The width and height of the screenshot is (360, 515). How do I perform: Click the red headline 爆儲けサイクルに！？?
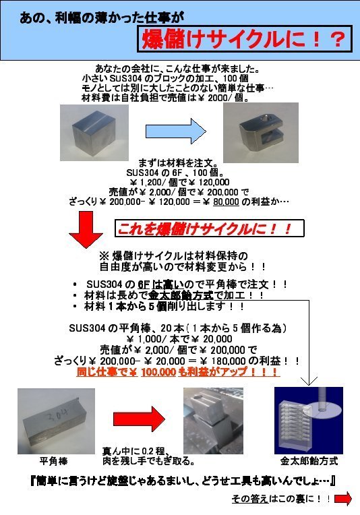244,39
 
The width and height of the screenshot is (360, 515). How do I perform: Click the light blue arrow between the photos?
176,131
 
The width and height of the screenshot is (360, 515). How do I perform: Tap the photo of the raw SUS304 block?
94,133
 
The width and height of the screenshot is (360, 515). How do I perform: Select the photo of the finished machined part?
261,133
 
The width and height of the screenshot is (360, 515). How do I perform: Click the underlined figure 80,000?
226,202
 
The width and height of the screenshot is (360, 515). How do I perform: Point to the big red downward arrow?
86,229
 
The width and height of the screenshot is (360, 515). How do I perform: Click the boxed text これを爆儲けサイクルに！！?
210,228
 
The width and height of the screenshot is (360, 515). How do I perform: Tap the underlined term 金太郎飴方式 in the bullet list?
181,295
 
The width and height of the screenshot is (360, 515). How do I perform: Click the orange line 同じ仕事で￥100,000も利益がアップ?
178,372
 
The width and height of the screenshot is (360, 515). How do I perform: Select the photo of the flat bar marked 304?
56,421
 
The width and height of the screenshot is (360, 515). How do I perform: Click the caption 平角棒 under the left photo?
53,461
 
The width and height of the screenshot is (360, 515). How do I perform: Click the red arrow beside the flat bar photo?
140,419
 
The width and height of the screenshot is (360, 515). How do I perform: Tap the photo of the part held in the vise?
213,421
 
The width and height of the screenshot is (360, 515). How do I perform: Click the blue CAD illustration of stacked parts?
309,421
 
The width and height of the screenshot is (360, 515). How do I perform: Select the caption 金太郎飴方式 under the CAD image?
309,461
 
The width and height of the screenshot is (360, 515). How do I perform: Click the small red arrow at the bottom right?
343,499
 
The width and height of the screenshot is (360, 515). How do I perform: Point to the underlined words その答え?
250,499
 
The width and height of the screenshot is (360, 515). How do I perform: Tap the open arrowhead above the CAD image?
309,381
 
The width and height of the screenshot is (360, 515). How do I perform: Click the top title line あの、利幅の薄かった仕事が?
102,18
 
